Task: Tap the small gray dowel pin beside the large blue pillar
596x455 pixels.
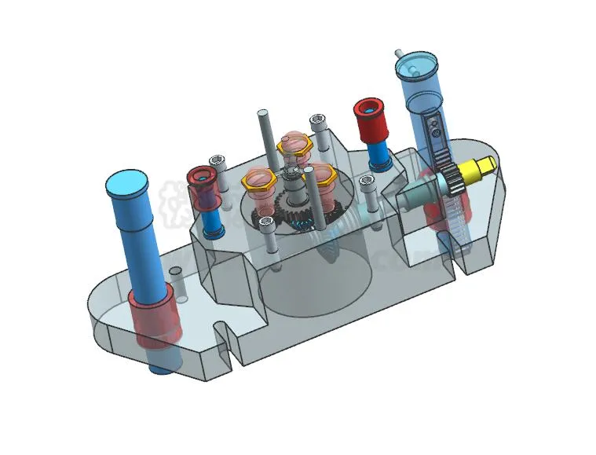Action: (x=176, y=274)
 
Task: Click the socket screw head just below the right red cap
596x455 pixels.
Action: (x=367, y=182)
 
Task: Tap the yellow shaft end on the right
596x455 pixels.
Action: (x=481, y=166)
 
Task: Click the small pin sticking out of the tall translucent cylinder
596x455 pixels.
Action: (x=399, y=53)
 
